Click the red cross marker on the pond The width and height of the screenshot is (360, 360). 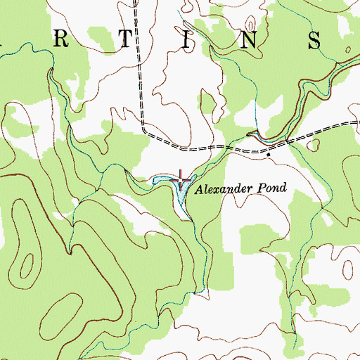[x=181, y=181]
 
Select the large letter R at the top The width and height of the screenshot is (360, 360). [x=62, y=40]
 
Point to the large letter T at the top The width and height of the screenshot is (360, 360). [x=124, y=40]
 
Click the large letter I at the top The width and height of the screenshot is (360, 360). [x=186, y=40]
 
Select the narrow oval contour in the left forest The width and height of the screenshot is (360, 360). [x=26, y=266]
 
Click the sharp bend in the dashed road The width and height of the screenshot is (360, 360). [x=143, y=129]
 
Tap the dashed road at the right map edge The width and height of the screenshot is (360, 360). [x=356, y=122]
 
